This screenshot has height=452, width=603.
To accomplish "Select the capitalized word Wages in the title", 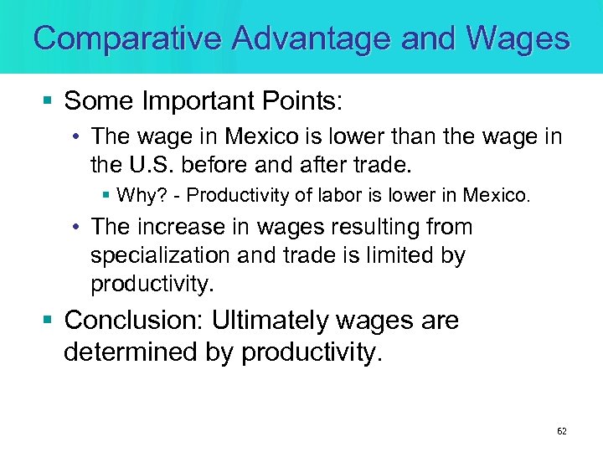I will coord(518,39).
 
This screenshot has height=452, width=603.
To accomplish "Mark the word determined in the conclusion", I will coord(130,352).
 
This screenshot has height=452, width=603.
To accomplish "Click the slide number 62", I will coord(561,431).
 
